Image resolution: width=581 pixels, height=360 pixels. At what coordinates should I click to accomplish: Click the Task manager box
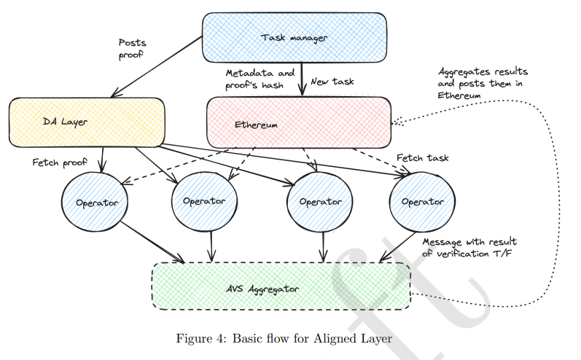click(x=294, y=36)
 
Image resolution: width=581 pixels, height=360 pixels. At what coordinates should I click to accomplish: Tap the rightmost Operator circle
click(x=422, y=201)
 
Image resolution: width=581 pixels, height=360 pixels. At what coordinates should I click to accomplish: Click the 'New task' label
click(x=332, y=82)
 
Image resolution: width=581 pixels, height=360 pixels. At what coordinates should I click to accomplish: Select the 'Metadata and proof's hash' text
click(x=260, y=79)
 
